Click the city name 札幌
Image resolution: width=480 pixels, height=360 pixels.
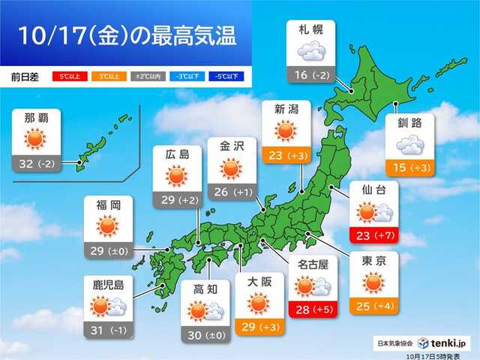click(310, 31)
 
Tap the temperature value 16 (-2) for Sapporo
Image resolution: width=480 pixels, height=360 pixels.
click(310, 75)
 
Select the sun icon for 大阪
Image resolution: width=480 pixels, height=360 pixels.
click(257, 302)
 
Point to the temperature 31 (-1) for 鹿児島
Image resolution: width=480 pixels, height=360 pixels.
click(104, 330)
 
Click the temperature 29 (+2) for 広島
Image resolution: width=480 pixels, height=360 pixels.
click(177, 200)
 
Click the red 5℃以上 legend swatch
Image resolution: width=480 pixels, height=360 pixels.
click(65, 76)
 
